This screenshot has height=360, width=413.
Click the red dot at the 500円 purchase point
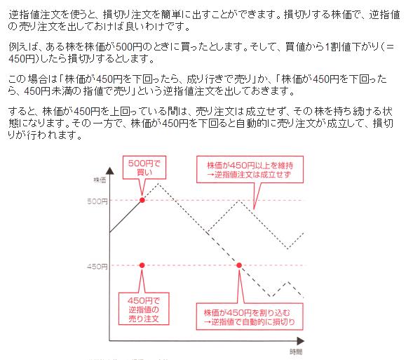[x=142, y=200]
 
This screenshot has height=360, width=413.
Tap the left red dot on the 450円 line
[x=142, y=265]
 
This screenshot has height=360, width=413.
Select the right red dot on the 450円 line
[x=239, y=265]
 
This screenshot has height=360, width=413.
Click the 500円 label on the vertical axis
[x=97, y=201]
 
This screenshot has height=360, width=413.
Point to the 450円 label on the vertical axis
[x=97, y=267]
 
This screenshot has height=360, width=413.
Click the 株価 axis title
[x=100, y=180]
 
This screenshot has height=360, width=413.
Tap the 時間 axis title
[x=296, y=352]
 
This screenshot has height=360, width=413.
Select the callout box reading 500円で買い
[x=144, y=168]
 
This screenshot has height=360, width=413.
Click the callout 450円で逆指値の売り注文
[x=144, y=309]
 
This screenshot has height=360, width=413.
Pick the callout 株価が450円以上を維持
[x=250, y=169]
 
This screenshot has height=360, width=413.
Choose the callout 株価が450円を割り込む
[x=250, y=316]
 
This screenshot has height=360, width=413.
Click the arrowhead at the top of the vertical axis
[x=110, y=171]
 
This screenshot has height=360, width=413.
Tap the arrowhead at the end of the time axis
[x=301, y=341]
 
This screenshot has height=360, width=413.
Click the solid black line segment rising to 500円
[x=126, y=216]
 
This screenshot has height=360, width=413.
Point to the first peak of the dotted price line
[x=158, y=183]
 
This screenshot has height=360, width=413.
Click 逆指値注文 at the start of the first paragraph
[x=34, y=15]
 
